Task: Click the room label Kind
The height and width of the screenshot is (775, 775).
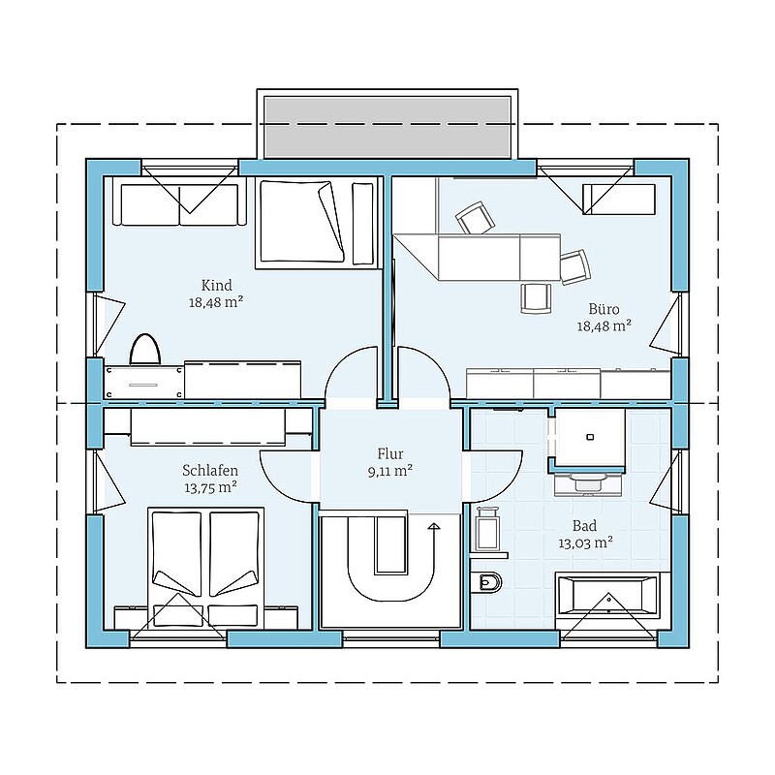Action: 216,285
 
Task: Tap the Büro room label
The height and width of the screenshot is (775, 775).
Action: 604,309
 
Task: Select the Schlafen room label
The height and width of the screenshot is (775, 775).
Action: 210,470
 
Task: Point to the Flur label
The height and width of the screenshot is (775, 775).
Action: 390,453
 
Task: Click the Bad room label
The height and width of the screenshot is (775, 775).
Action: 584,525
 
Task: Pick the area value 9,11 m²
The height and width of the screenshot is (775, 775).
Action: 390,471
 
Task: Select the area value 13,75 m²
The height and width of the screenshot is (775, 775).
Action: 210,487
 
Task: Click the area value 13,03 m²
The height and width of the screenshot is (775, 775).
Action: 585,542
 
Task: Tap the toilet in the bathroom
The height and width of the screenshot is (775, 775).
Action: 486,583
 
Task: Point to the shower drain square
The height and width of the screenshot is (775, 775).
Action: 590,437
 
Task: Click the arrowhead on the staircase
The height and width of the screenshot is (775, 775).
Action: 434,526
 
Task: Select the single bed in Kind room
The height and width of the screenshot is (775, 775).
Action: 317,224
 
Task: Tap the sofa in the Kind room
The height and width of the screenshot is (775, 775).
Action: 179,204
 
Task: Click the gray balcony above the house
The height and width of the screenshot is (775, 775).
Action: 387,127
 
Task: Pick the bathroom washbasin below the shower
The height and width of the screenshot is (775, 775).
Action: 588,482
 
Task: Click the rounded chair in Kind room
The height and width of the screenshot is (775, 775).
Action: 145,350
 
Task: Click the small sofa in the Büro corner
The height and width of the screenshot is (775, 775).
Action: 619,200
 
